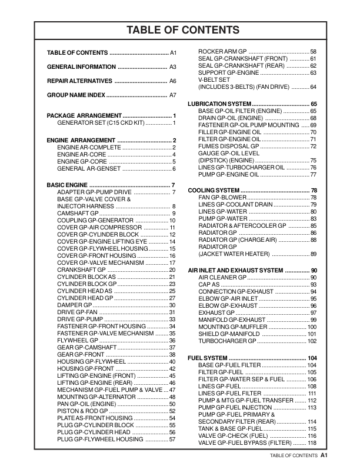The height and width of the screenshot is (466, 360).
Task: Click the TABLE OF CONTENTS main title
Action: tap(181, 29)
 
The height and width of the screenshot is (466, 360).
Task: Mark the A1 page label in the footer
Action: tap(324, 455)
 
